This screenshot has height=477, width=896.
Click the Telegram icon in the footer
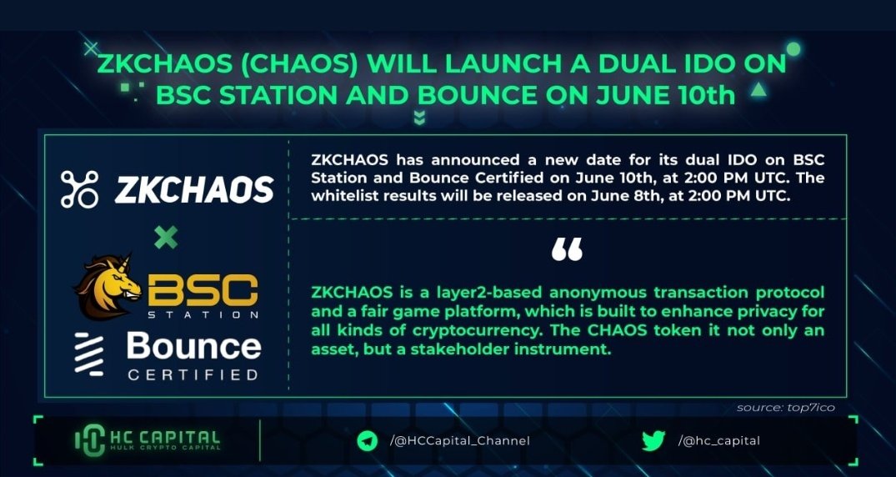pos(368,441)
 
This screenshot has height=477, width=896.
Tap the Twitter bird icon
pos(653,441)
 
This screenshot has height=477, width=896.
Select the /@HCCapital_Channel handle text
pos(459,441)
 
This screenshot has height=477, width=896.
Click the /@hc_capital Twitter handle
pos(719,441)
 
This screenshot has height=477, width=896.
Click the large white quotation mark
pos(567,249)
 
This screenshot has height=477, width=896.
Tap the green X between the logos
pos(166,238)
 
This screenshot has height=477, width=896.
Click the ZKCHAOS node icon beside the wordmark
pos(80,189)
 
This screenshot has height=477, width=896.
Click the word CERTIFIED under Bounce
pos(193,374)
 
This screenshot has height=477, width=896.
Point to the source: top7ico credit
pos(785,408)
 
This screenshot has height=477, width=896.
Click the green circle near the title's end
pos(793,49)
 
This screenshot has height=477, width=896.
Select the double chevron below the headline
pos(419,118)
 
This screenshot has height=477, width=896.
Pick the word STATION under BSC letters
pos(203,315)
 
